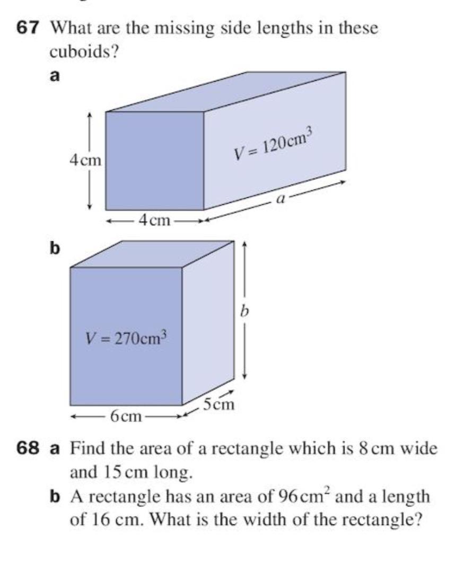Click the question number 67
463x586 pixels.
[x=28, y=28]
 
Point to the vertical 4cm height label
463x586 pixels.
[x=85, y=160]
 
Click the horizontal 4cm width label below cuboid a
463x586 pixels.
[x=154, y=220]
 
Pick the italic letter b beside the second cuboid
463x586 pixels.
[x=244, y=310]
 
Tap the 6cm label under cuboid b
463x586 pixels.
[x=126, y=416]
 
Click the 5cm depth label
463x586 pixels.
[x=219, y=404]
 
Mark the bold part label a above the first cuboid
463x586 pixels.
[x=55, y=76]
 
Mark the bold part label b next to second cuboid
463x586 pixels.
[x=55, y=248]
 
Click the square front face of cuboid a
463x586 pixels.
[x=155, y=160]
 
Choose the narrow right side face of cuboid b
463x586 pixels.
[x=208, y=322]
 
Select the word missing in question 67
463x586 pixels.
[x=184, y=29]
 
